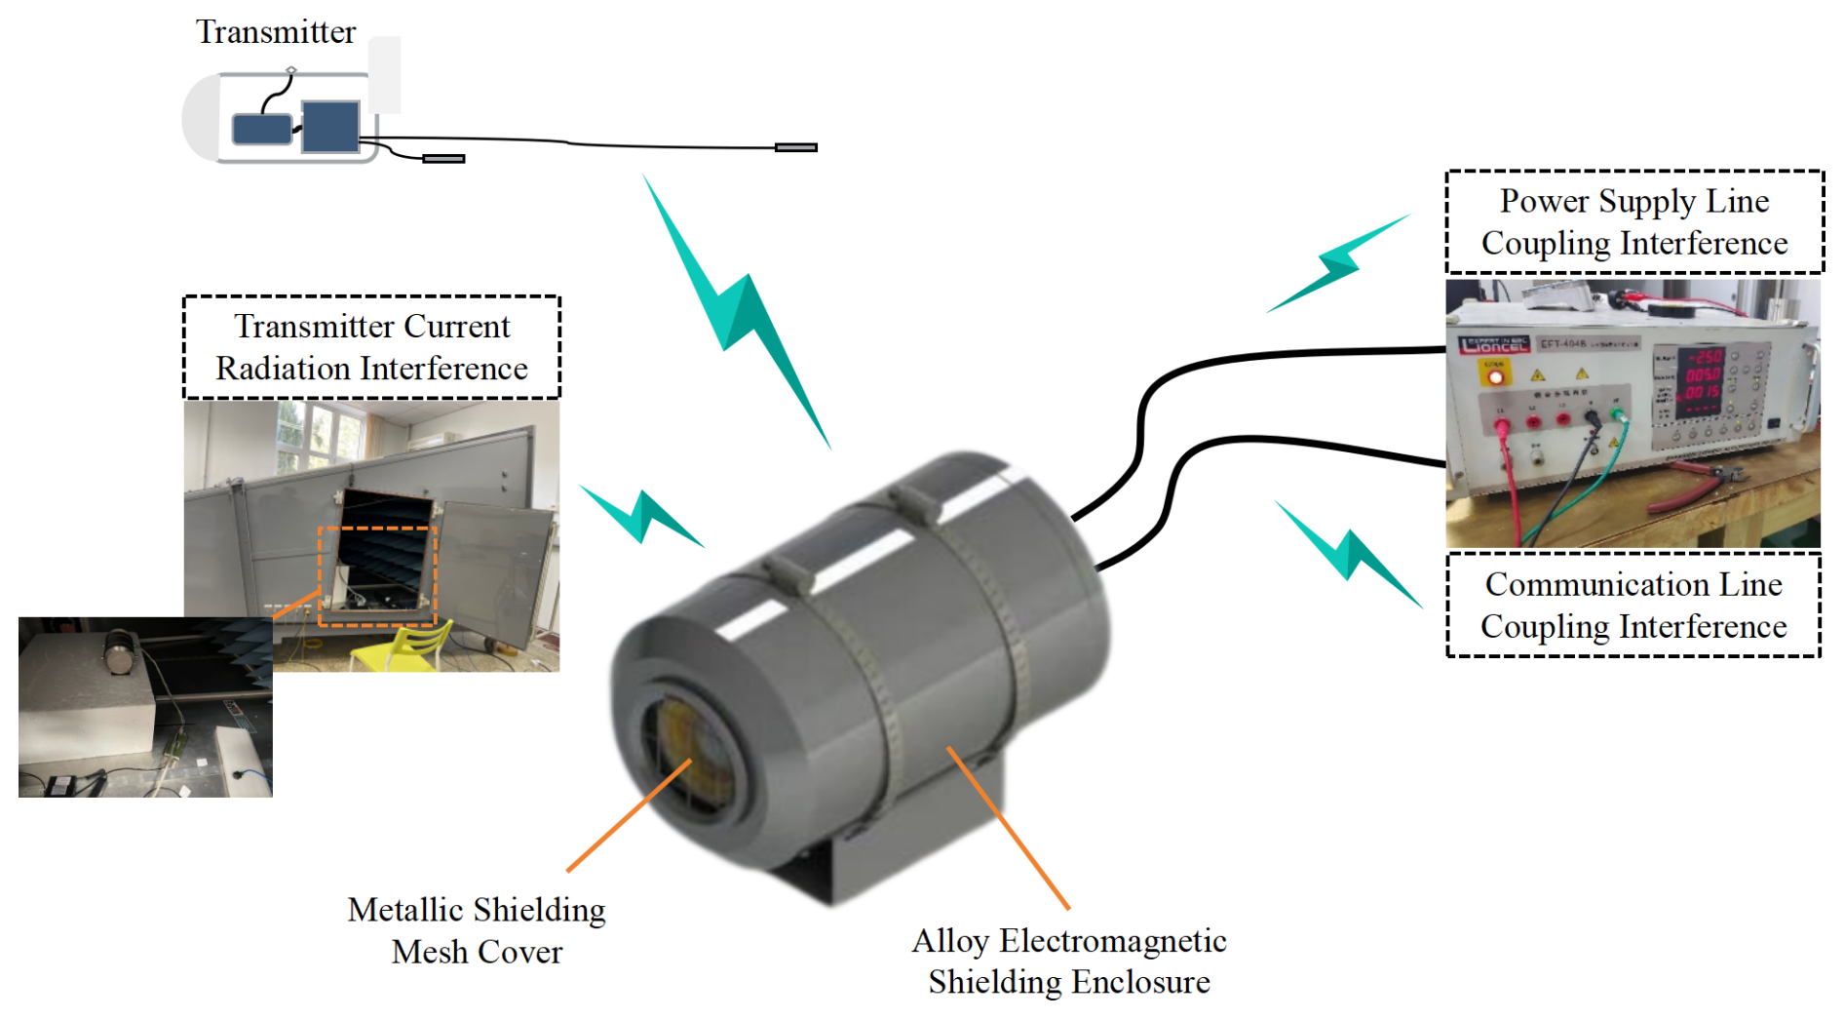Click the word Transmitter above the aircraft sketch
coord(276,32)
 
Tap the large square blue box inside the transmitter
coord(330,127)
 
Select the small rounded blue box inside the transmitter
coord(261,129)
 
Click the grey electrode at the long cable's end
coord(795,147)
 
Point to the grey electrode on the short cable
coord(443,158)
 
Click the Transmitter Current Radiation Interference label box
coord(371,347)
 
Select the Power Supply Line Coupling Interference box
coord(1634,222)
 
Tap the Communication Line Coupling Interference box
coord(1633,605)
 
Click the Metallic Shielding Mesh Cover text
coord(477,930)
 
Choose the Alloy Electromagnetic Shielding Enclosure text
coord(1069,960)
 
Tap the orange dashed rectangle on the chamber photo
coord(377,575)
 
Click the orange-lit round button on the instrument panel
coord(1495,375)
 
